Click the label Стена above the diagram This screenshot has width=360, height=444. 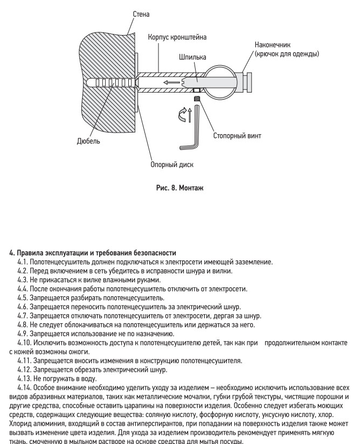[141, 13]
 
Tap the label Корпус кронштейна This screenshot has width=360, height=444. [178, 37]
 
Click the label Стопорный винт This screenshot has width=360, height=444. [237, 136]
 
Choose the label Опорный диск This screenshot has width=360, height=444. [172, 164]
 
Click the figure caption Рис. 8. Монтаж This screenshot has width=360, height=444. [179, 188]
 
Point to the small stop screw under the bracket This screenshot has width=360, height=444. [198, 99]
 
